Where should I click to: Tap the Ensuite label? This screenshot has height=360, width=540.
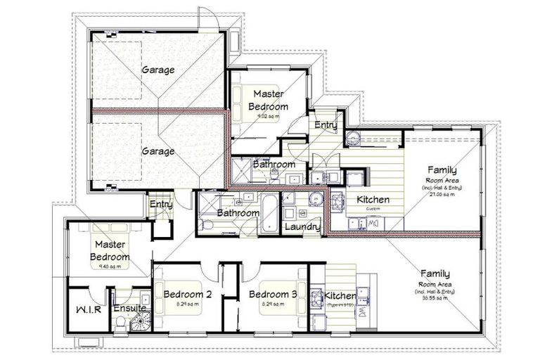(129, 308)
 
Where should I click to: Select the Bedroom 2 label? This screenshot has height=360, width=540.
(183, 294)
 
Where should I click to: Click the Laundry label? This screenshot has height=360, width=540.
(302, 227)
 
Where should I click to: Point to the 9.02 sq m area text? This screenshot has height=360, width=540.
(267, 116)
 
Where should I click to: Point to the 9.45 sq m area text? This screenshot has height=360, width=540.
(109, 266)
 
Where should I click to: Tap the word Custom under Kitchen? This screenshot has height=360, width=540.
(372, 209)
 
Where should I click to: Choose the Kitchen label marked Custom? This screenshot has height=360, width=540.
(373, 200)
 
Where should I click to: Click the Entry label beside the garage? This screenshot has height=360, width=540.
(160, 204)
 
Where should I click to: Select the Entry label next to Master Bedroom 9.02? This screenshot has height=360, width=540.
(326, 125)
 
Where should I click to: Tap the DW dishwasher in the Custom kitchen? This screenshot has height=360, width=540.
(373, 224)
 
